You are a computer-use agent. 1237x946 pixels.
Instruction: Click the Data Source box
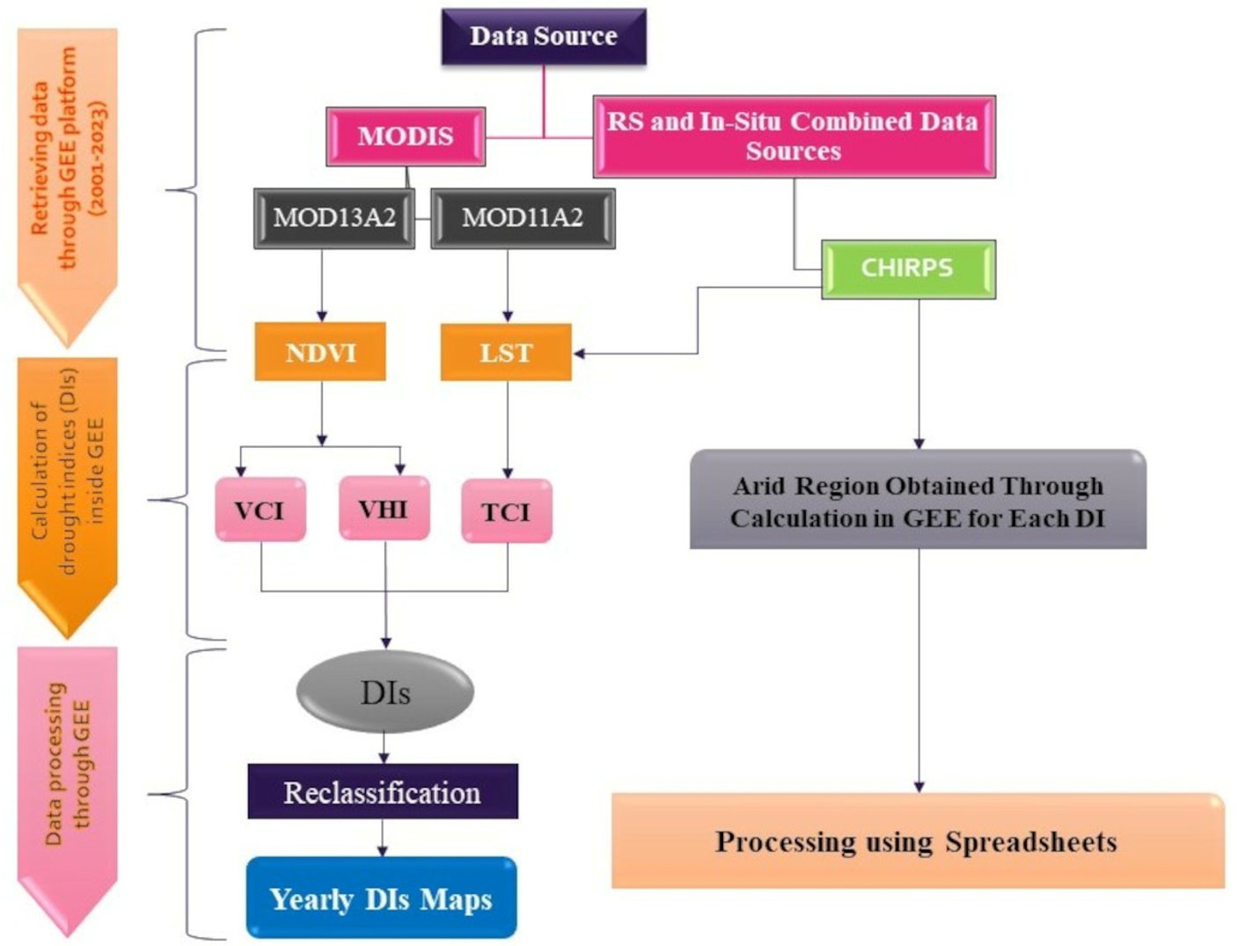click(543, 37)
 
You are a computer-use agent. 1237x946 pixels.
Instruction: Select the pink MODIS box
click(406, 136)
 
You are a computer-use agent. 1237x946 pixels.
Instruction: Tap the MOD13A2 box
click(334, 217)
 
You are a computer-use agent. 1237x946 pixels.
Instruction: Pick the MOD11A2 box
click(523, 217)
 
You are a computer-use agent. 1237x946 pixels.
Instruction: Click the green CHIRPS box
click(908, 268)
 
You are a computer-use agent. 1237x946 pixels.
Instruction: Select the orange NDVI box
click(320, 353)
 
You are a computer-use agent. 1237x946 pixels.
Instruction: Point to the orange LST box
click(506, 353)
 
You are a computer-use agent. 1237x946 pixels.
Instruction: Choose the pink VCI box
click(260, 510)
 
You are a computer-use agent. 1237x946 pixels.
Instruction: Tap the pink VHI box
click(384, 509)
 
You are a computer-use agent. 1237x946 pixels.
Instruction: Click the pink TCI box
click(507, 511)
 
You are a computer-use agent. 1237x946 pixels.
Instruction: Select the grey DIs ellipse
click(385, 693)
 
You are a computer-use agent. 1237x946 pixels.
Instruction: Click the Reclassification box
click(383, 792)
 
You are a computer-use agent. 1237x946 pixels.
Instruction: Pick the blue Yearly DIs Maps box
click(381, 898)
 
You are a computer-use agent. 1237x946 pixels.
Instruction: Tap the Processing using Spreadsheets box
click(917, 841)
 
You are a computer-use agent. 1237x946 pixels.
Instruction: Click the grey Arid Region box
click(918, 501)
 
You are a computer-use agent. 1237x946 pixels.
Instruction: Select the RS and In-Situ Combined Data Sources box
click(794, 136)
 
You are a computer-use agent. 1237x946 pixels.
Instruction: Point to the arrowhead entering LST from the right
click(580, 354)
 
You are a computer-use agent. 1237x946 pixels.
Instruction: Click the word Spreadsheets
click(1031, 842)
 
